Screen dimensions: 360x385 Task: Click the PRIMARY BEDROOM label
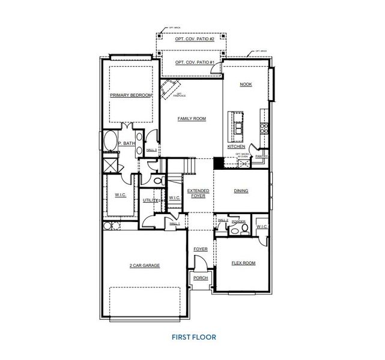click(x=130, y=95)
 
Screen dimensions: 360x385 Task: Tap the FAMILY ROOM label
click(x=192, y=119)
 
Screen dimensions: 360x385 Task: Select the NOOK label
click(x=246, y=85)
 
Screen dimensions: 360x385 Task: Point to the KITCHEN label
click(x=235, y=146)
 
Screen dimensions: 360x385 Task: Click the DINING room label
click(x=241, y=191)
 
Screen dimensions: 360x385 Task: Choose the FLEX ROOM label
click(x=243, y=263)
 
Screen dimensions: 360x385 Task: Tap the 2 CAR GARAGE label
click(x=145, y=265)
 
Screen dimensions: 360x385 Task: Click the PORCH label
click(x=199, y=278)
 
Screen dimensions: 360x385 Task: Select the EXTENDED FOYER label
click(x=198, y=193)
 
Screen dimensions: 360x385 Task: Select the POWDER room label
click(x=238, y=221)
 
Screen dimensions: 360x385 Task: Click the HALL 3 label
click(x=152, y=149)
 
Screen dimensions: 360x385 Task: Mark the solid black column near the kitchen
click(x=219, y=162)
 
